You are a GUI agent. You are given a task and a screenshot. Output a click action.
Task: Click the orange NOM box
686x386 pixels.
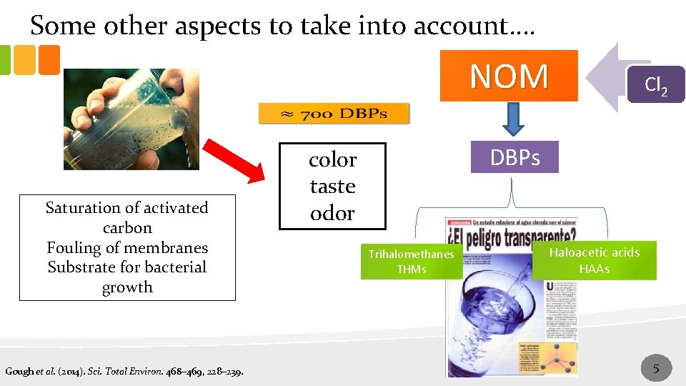pyautogui.click(x=508, y=76)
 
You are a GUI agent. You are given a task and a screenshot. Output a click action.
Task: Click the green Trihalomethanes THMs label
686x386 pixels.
pyautogui.click(x=411, y=262)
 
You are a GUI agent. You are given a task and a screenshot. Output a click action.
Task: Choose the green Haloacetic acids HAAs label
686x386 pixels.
pyautogui.click(x=594, y=260)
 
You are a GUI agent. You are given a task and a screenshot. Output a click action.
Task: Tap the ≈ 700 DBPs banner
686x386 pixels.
pyautogui.click(x=334, y=114)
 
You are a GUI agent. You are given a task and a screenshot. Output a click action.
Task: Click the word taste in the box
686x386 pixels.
pyautogui.click(x=332, y=187)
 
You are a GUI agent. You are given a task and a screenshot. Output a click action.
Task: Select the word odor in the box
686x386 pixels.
pyautogui.click(x=332, y=213)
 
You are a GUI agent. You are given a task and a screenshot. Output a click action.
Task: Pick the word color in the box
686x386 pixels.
pyautogui.click(x=332, y=159)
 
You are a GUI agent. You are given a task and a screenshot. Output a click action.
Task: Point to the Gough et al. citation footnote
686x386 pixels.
pyautogui.click(x=124, y=371)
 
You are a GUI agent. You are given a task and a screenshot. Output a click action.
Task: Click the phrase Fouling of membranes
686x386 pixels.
pyautogui.click(x=127, y=248)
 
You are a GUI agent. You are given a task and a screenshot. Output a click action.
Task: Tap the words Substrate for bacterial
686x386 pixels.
pyautogui.click(x=127, y=267)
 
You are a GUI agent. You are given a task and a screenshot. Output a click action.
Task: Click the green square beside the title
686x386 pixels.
pyautogui.click(x=5, y=60)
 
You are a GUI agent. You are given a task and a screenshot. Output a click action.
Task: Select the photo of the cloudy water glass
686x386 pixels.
pyautogui.click(x=131, y=119)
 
